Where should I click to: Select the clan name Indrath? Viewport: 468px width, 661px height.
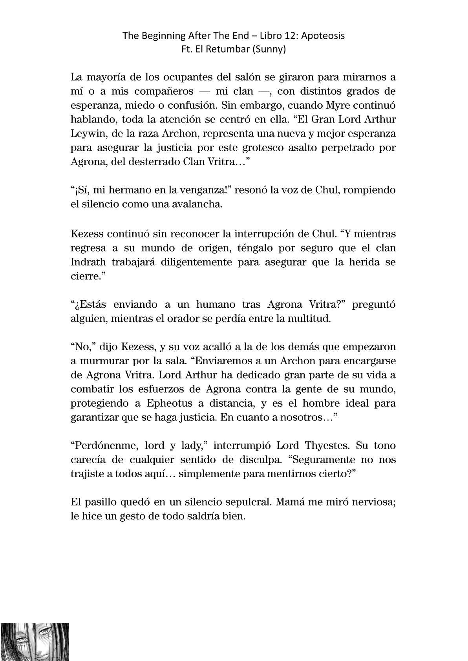tap(89, 262)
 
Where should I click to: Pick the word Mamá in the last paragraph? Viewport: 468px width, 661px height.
tap(294, 502)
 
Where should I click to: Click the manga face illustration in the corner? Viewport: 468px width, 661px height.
tap(35, 641)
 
